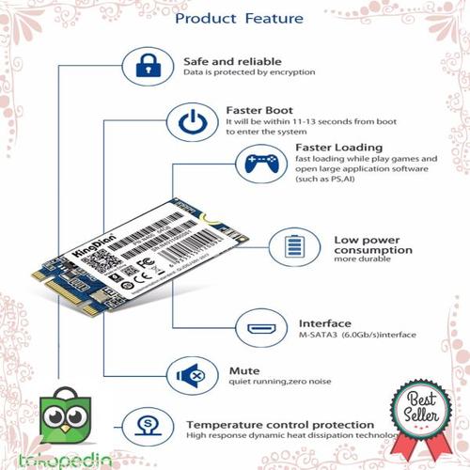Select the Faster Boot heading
pyautogui.click(x=260, y=109)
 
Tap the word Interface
pyautogui.click(x=325, y=320)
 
